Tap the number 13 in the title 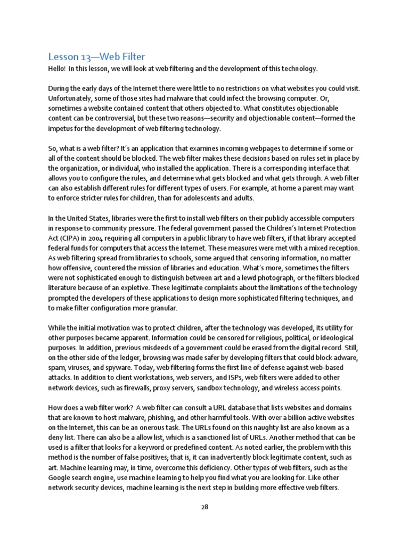pyautogui.click(x=87, y=56)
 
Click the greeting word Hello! pyautogui.click(x=57, y=69)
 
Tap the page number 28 pyautogui.click(x=204, y=507)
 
